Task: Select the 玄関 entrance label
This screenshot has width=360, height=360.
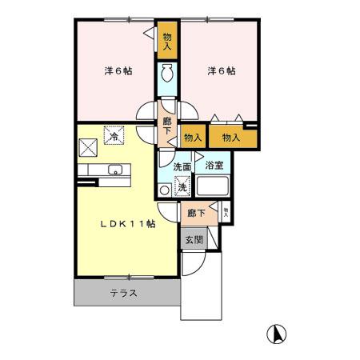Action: (x=194, y=240)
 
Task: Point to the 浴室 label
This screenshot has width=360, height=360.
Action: (x=214, y=166)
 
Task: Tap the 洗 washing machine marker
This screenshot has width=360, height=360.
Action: (x=182, y=187)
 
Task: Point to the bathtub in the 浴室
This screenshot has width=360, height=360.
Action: (x=214, y=188)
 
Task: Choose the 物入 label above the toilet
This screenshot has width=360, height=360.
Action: (x=167, y=41)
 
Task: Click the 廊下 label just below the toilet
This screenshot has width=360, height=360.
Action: (x=167, y=126)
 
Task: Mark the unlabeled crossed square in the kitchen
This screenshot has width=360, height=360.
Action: (x=87, y=146)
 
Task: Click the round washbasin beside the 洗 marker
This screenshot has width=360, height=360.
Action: (x=165, y=190)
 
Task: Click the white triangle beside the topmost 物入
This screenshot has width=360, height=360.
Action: (x=149, y=32)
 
